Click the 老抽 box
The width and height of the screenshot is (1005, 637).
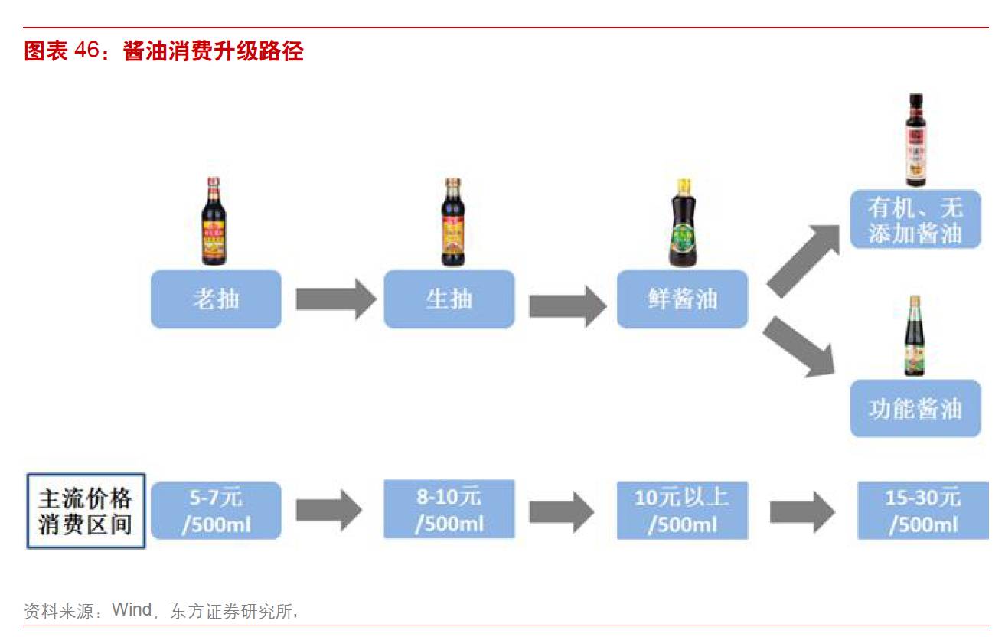pyautogui.click(x=216, y=299)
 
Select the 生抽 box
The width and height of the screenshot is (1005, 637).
pyautogui.click(x=449, y=299)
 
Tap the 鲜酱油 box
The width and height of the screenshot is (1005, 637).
pyautogui.click(x=682, y=299)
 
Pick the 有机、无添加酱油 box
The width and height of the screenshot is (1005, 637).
pyautogui.click(x=915, y=220)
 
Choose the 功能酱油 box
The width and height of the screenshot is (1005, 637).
pyautogui.click(x=915, y=408)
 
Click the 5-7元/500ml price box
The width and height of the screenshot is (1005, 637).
pyautogui.click(x=216, y=511)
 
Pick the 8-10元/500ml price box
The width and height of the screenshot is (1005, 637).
pyautogui.click(x=449, y=510)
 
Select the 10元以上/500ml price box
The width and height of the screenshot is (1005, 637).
pyautogui.click(x=682, y=510)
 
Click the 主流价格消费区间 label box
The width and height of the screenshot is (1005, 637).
pyautogui.click(x=86, y=511)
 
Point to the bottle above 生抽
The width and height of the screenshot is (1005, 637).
pyautogui.click(x=453, y=222)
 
